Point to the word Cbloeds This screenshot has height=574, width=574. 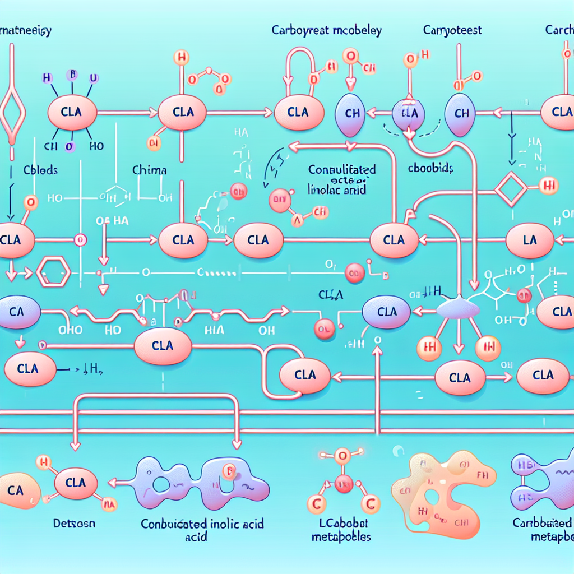click(x=40, y=169)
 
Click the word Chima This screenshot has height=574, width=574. click(x=150, y=169)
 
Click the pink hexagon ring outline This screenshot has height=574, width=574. click(x=53, y=275)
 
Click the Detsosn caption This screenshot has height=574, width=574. click(x=75, y=525)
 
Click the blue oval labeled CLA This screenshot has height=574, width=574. click(x=387, y=312)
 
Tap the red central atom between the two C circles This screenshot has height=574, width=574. click(x=344, y=480)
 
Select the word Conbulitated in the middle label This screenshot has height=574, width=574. click(x=342, y=169)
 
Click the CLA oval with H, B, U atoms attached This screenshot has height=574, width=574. click(x=73, y=112)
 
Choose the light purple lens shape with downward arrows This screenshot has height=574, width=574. click(x=458, y=309)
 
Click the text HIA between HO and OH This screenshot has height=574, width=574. click(x=215, y=331)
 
